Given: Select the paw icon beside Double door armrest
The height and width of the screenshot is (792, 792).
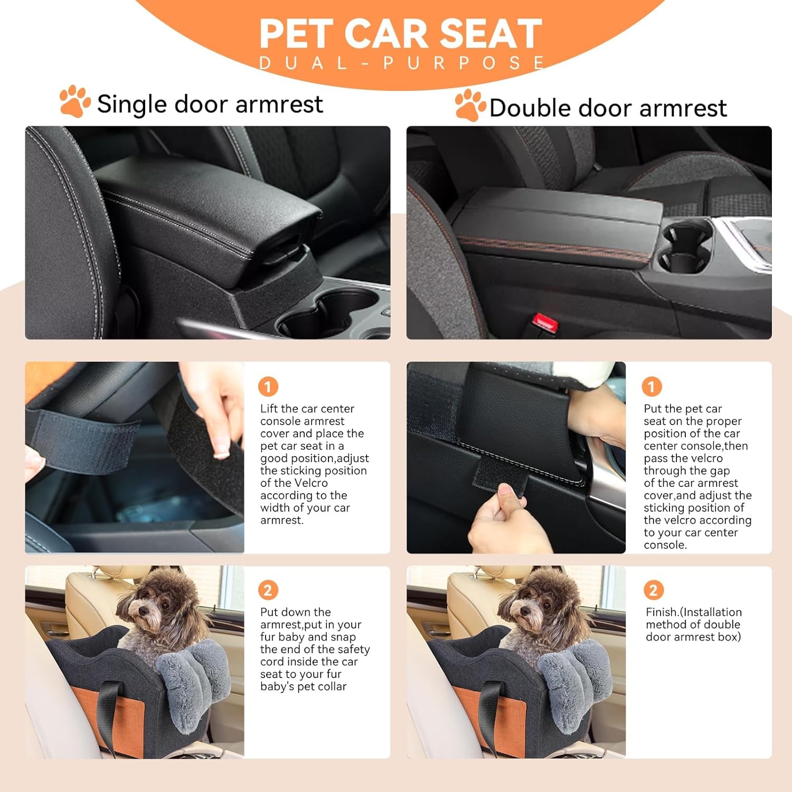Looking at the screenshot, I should coord(470,105).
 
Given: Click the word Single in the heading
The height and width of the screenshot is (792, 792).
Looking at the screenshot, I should coord(131,104).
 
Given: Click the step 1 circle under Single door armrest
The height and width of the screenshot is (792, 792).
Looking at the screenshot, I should coord(268,387).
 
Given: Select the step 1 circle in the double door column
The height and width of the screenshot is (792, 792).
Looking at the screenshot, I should coord(652,387).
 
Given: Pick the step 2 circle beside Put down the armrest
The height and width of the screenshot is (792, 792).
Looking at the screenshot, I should coord(268,590).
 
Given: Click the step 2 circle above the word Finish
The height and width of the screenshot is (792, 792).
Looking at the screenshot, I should coord(653,590).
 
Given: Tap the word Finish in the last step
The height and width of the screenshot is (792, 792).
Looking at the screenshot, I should coord(662,612).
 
